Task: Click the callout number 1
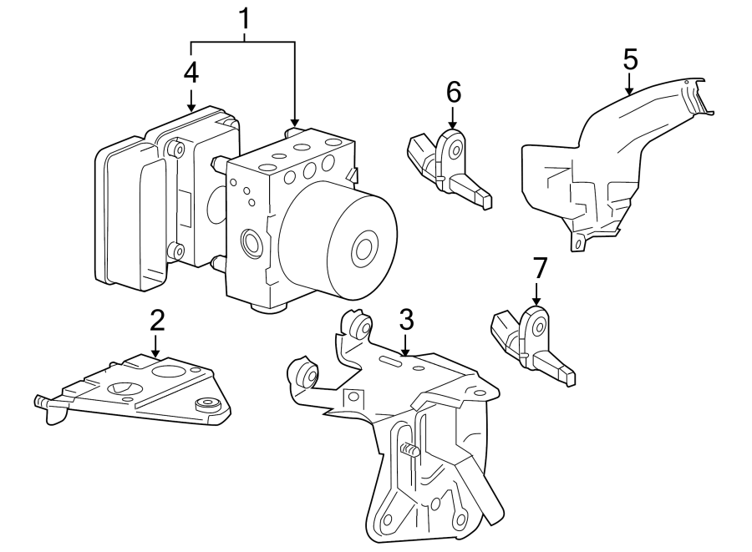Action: pyautogui.click(x=244, y=18)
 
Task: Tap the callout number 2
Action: pyautogui.click(x=156, y=319)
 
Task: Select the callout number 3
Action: pyautogui.click(x=406, y=319)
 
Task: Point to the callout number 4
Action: pyautogui.click(x=191, y=72)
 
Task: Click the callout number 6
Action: pyautogui.click(x=453, y=92)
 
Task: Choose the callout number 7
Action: pyautogui.click(x=539, y=268)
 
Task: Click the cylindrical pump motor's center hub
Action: pyautogui.click(x=363, y=249)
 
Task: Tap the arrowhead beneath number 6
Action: pyautogui.click(x=453, y=124)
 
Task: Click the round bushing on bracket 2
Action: pyautogui.click(x=206, y=405)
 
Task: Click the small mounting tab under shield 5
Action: pyautogui.click(x=576, y=243)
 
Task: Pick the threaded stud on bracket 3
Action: pyautogui.click(x=408, y=451)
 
